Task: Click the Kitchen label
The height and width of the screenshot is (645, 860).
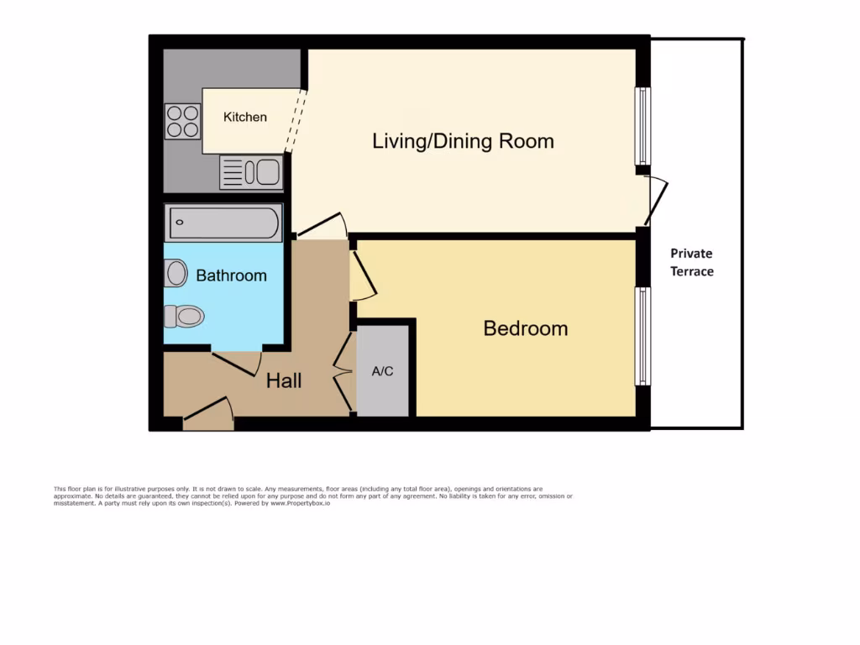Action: [x=245, y=118]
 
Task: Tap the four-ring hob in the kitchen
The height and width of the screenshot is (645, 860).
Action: [x=182, y=120]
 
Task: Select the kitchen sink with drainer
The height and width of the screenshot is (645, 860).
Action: [x=251, y=173]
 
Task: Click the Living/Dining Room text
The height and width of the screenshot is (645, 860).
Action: [x=463, y=141]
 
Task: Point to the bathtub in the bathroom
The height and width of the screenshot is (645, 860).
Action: [x=223, y=223]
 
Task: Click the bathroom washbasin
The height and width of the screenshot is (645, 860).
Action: [x=176, y=273]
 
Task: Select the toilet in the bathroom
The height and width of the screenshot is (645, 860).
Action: [x=185, y=316]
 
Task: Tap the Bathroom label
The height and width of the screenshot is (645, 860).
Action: [x=231, y=275]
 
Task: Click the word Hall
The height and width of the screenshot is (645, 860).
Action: [x=284, y=381]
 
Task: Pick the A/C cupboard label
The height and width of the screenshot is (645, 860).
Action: [x=382, y=371]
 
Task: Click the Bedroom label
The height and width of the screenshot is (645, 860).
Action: [x=525, y=328]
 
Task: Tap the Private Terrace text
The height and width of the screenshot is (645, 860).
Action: [x=691, y=262]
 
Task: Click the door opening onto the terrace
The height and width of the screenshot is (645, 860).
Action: [x=658, y=202]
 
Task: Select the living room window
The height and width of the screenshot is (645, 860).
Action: [x=642, y=126]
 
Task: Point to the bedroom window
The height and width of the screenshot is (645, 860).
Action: [x=642, y=336]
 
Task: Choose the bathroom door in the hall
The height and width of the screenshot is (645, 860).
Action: [x=237, y=363]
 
